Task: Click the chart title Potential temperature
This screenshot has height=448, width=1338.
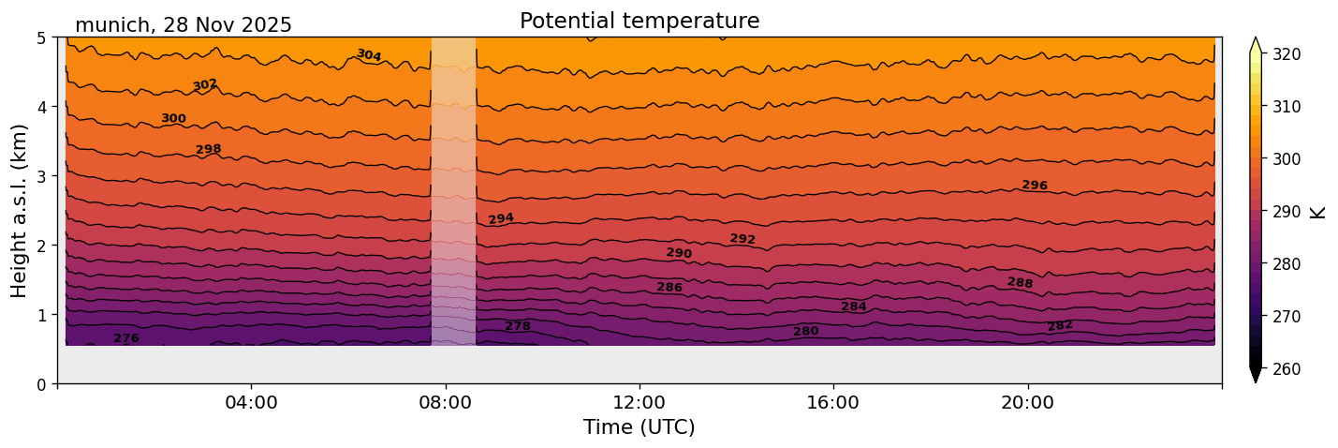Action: coord(640,21)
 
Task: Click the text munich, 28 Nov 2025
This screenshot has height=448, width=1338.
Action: coord(184,25)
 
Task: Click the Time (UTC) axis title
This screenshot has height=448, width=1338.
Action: coord(640,427)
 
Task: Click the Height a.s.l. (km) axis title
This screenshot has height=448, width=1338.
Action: coord(20,210)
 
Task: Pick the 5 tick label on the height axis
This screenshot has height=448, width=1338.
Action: coord(41,38)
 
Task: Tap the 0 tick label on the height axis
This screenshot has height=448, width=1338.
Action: coord(41,383)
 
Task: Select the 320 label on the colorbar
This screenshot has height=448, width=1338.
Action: coord(1286,54)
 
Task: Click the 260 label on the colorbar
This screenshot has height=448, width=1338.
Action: coord(1286,369)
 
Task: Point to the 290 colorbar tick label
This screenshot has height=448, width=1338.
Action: coord(1286,212)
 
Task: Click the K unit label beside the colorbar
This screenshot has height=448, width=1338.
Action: coord(1318,212)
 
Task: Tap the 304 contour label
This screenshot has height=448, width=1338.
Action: coord(369,55)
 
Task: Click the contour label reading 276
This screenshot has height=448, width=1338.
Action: coord(126,338)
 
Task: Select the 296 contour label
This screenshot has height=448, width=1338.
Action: coord(1035,186)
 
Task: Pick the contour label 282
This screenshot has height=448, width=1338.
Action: coord(1060,326)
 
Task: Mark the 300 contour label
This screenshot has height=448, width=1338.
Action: coord(173,119)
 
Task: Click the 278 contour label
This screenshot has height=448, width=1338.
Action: coord(518,326)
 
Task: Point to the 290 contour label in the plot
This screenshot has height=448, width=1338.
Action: coord(679,253)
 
